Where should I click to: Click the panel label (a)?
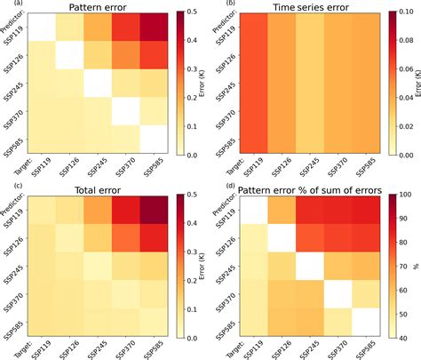[8, 4]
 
